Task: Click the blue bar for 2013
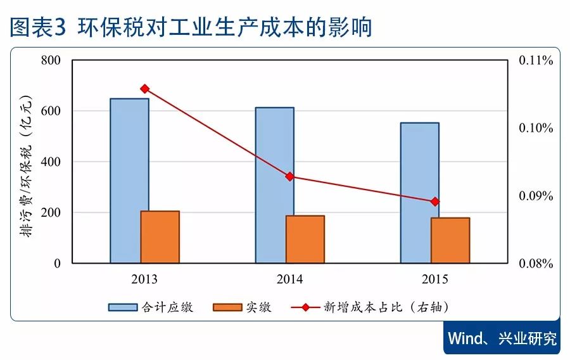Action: (129, 180)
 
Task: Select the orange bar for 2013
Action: (160, 236)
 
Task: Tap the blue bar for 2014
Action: (274, 184)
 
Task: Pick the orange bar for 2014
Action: (305, 239)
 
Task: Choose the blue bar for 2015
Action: (419, 192)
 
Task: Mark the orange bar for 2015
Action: (450, 240)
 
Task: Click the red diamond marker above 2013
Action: (144, 89)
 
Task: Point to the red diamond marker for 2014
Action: (290, 176)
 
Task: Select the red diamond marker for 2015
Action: (435, 202)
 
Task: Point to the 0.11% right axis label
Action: (536, 61)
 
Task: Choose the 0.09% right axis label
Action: (536, 196)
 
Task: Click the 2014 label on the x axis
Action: (289, 280)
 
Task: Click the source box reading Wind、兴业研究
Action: (502, 338)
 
